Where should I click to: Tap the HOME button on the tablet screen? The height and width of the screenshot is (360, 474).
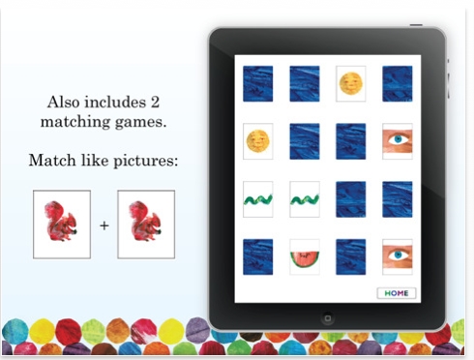pos(396,292)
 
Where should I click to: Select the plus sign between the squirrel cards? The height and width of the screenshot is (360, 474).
pos(104,225)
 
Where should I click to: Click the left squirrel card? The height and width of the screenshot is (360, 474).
pos(62,225)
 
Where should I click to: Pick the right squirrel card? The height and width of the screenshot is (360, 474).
pos(146,225)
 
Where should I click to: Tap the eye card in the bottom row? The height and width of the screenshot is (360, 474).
pos(397,255)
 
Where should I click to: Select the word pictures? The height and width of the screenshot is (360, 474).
pos(146,161)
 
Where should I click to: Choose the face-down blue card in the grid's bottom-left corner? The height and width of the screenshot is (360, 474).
pos(257,255)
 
